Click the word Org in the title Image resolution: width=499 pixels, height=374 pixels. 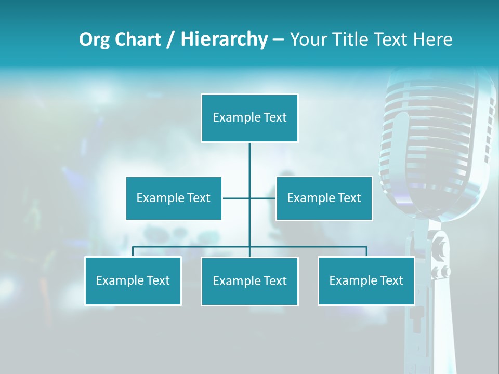(x=94, y=39)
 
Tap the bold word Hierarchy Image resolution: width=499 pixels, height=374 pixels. (x=224, y=39)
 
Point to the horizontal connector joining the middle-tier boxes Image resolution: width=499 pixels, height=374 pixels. (x=237, y=198)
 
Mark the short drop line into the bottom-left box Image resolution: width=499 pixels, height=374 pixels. (x=133, y=251)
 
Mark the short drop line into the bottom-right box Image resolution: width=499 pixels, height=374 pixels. (x=366, y=251)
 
